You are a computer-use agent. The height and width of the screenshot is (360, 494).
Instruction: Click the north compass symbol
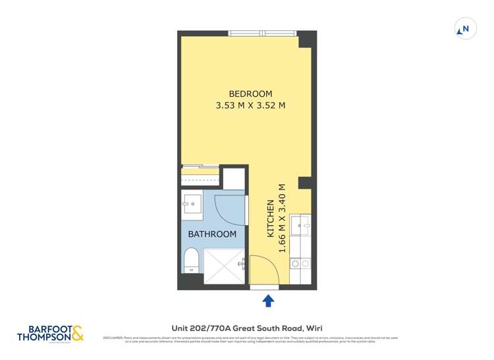coord(465,30)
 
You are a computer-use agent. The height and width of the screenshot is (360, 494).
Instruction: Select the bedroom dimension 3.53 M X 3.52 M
coord(250,105)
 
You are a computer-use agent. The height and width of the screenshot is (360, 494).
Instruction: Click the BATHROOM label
coord(212,234)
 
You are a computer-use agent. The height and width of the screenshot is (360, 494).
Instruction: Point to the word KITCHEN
coord(270,219)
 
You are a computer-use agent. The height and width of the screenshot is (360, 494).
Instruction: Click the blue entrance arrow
coord(269,301)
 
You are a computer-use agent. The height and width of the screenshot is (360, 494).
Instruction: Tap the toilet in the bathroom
coord(192,261)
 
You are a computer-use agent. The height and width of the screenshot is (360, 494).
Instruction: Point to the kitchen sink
coord(304,227)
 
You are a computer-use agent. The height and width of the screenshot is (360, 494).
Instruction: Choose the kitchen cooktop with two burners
coord(300,264)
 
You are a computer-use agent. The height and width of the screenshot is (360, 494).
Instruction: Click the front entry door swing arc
coord(263,270)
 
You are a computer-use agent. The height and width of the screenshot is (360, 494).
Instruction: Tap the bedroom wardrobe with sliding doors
coord(202,176)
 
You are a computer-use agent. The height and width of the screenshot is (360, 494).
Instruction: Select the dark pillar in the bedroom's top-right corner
coord(306,40)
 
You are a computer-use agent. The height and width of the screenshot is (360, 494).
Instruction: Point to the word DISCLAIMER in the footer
coord(113,338)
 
